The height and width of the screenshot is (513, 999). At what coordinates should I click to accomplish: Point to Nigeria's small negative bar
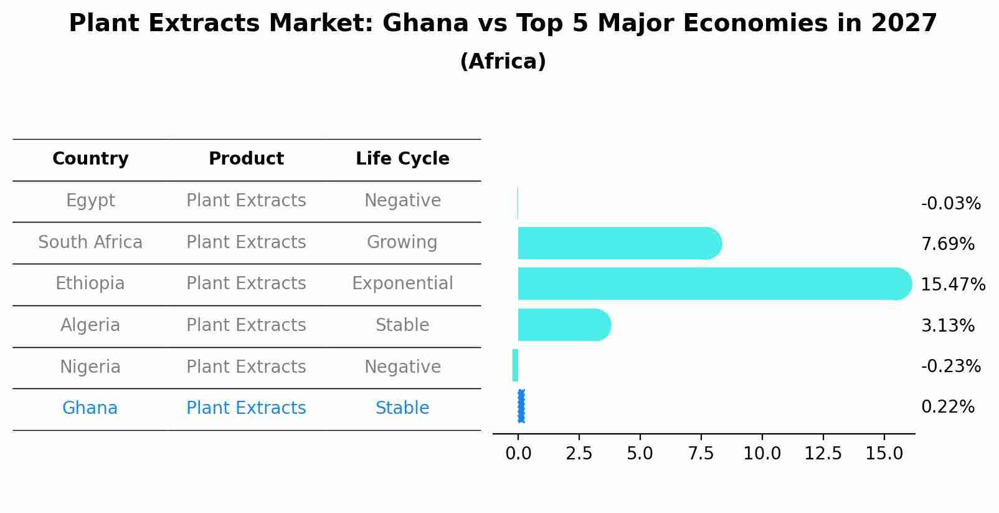click(515, 365)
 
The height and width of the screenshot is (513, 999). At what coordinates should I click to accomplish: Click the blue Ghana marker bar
click(521, 406)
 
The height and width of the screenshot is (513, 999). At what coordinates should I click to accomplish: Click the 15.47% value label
click(952, 285)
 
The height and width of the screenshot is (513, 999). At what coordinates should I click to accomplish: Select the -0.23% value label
click(950, 366)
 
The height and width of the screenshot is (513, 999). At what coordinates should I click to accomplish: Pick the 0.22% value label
click(947, 407)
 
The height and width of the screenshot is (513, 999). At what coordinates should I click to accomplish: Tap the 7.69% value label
click(947, 244)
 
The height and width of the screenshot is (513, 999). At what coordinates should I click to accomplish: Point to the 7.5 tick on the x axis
click(701, 453)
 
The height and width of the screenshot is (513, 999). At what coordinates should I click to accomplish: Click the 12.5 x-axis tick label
click(823, 453)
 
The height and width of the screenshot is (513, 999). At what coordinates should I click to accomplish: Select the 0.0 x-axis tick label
click(518, 453)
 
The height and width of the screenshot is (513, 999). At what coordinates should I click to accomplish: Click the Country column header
click(90, 159)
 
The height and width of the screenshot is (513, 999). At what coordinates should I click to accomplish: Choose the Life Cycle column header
click(402, 159)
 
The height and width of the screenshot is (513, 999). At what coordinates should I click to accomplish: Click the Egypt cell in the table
click(90, 201)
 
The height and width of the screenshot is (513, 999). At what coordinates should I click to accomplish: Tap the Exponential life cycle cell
click(402, 284)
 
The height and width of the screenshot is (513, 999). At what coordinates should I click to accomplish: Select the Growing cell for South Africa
click(402, 242)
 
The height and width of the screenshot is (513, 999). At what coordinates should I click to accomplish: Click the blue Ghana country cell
click(90, 408)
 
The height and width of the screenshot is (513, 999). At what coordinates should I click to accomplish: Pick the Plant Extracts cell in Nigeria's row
click(246, 367)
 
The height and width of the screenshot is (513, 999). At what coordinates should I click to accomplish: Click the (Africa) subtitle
click(503, 62)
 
